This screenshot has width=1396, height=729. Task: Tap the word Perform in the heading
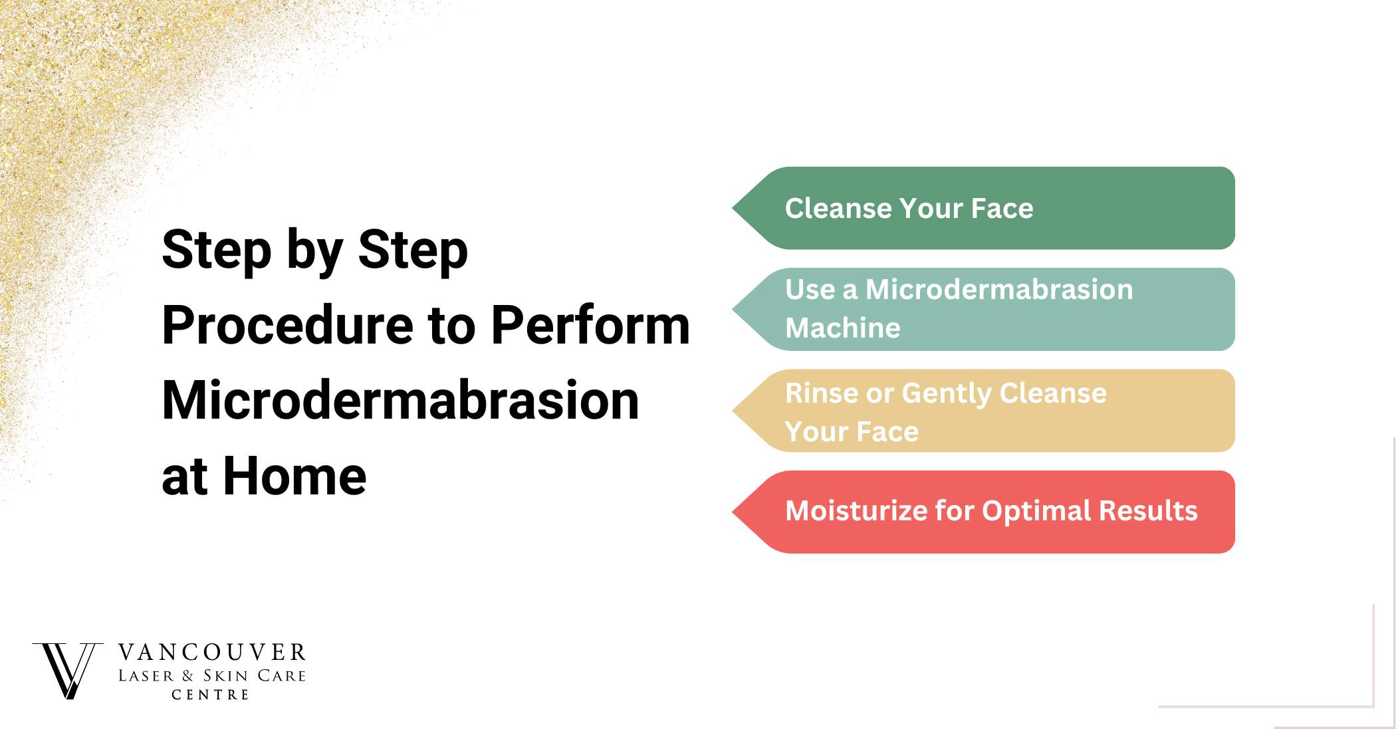pos(590,325)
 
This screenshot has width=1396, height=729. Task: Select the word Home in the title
pos(294,476)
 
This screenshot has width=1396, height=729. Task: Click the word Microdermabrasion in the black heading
pos(400,401)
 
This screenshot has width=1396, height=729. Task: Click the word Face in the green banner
pos(1002,208)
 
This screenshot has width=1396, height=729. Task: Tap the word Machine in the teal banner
pos(843,328)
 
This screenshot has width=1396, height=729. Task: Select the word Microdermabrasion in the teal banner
pos(998,290)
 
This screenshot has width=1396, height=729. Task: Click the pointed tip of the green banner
pos(733,208)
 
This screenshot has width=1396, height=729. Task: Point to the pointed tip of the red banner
pos(733,512)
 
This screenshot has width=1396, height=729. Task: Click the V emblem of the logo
pos(68,671)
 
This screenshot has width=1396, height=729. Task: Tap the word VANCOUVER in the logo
pos(211,653)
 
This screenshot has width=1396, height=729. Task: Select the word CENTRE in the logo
pos(210,694)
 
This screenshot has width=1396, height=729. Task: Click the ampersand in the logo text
pos(187,676)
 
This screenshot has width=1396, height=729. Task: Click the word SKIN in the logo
pos(225,676)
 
